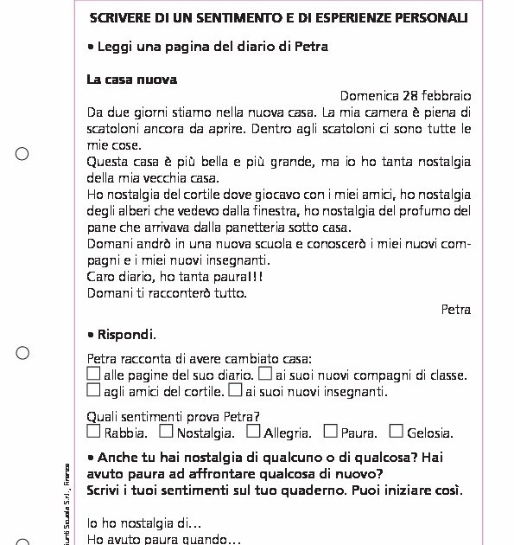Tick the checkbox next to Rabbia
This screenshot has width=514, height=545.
pyautogui.click(x=94, y=431)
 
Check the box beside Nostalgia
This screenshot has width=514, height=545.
pyautogui.click(x=167, y=431)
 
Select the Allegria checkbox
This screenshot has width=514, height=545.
pyautogui.click(x=253, y=431)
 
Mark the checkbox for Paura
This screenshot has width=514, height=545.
pyautogui.click(x=330, y=431)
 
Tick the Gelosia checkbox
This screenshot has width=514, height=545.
pyautogui.click(x=396, y=431)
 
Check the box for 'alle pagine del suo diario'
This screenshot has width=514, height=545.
pyautogui.click(x=94, y=374)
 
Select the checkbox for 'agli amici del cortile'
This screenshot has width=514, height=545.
pyautogui.click(x=94, y=390)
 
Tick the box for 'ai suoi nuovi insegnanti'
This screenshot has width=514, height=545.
pyautogui.click(x=236, y=390)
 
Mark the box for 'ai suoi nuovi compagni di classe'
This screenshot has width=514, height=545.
pyautogui.click(x=266, y=374)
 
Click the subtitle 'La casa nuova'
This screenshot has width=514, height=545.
pyautogui.click(x=131, y=80)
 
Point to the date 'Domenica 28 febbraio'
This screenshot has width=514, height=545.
pyautogui.click(x=405, y=95)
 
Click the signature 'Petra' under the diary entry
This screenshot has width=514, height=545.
pyautogui.click(x=455, y=309)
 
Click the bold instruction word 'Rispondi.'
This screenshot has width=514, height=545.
pyautogui.click(x=126, y=334)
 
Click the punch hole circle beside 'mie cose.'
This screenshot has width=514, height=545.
pyautogui.click(x=22, y=154)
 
